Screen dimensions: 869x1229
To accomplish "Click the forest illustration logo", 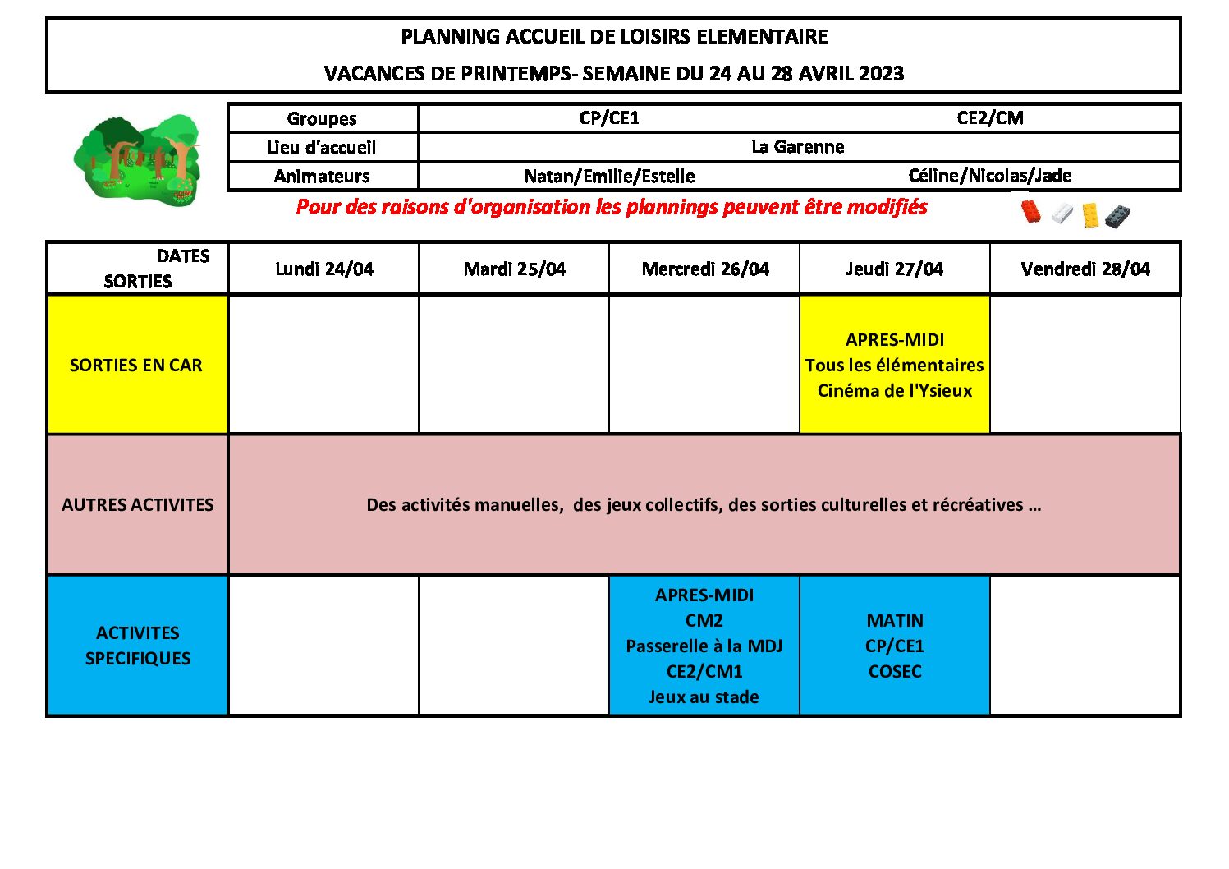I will (137, 159).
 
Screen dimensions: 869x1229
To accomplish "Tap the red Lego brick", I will (1030, 211).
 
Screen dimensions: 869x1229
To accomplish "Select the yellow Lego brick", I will (1089, 214).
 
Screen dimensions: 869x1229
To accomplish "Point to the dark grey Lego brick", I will (1117, 216).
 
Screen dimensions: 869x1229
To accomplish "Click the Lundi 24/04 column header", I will (323, 269).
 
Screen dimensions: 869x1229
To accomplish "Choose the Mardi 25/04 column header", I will (514, 269).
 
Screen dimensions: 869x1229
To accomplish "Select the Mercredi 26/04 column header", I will (704, 269).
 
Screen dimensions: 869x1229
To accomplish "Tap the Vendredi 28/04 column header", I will (1085, 269).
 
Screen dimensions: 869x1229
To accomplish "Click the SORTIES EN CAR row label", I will (136, 365).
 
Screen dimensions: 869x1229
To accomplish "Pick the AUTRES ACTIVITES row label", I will (137, 504).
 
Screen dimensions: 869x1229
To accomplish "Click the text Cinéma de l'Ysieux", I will (894, 391).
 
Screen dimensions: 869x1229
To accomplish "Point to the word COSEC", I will (894, 671).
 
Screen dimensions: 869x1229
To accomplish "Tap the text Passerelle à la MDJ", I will (704, 646).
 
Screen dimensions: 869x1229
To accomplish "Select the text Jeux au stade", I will (704, 697).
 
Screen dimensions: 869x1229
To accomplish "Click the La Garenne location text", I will (797, 147).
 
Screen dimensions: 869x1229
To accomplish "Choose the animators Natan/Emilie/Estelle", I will (609, 177).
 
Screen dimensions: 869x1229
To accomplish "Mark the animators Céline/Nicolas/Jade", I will (989, 176).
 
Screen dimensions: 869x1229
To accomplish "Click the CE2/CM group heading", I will (989, 118).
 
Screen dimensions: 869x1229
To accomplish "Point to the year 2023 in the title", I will (881, 74).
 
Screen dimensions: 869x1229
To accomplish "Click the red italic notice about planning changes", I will (611, 207).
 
